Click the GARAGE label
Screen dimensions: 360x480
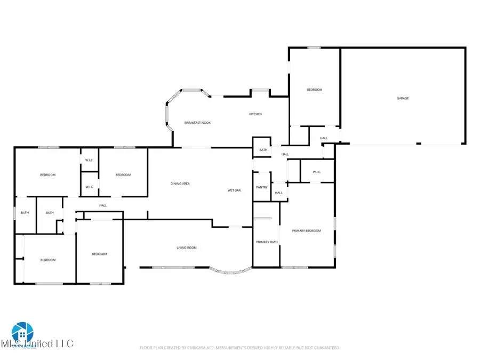tap(402, 98)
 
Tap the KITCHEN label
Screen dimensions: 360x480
tap(255, 114)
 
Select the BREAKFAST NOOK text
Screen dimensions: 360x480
tap(197, 123)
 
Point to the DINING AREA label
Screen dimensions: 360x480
tap(180, 183)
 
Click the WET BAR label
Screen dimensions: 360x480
tap(235, 190)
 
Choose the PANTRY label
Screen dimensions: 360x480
tap(261, 187)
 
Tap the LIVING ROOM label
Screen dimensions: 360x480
tap(187, 247)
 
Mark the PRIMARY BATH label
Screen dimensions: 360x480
tap(267, 242)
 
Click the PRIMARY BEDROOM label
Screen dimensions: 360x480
tap(306, 230)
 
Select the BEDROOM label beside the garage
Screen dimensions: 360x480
tap(314, 90)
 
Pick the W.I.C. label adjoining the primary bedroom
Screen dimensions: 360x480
tap(316, 172)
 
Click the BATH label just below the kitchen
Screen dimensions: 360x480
tap(263, 150)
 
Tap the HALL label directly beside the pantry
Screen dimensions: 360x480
tap(278, 193)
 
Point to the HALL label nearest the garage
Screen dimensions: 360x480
tap(324, 138)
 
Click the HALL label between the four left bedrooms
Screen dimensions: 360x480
tap(103, 205)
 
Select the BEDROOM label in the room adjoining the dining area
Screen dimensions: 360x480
tap(123, 175)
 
